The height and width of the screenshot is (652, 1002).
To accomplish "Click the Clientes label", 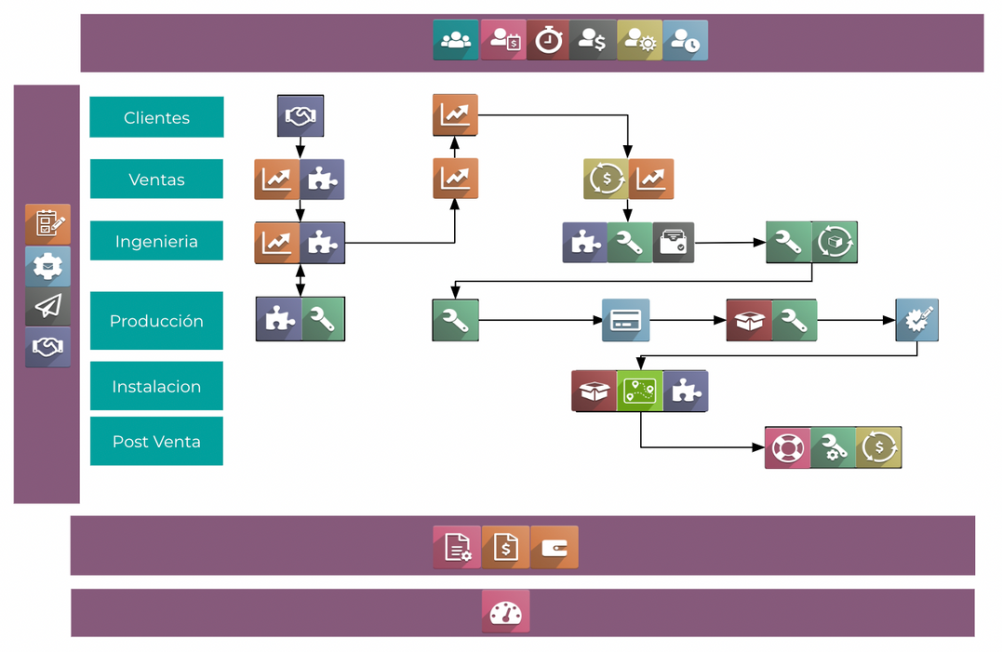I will point(156,117).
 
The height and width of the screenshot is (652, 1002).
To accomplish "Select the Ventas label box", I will point(156,179).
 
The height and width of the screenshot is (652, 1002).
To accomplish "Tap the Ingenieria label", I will point(156,241).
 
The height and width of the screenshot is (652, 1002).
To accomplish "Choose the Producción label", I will point(156,321).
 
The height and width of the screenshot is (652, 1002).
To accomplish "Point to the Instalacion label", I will point(156,386).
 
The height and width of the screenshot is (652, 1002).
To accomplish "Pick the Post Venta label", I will point(156,441).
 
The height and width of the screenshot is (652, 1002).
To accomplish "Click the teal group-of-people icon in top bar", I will point(456,40).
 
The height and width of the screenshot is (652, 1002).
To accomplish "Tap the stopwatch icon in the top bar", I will point(548,40).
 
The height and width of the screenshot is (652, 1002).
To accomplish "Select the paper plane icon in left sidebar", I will point(47,306).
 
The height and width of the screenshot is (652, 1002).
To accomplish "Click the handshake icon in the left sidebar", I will point(47,347).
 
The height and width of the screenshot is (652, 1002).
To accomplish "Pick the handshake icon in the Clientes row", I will point(300,116).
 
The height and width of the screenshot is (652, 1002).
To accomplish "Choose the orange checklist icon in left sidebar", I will point(47,224).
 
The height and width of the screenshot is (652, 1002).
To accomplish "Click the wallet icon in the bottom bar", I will point(554,547).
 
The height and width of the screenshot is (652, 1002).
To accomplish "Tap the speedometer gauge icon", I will point(505,611).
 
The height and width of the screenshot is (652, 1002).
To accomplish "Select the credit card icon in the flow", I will point(625,321).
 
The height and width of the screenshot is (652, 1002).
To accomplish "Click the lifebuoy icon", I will point(787,447).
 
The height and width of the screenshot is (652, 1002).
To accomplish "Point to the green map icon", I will point(640,391).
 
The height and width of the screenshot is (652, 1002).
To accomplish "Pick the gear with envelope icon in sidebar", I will point(47,266).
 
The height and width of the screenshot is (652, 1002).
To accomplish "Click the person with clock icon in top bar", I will point(686,40).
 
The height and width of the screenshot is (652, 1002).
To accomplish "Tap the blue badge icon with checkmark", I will point(916,320).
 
